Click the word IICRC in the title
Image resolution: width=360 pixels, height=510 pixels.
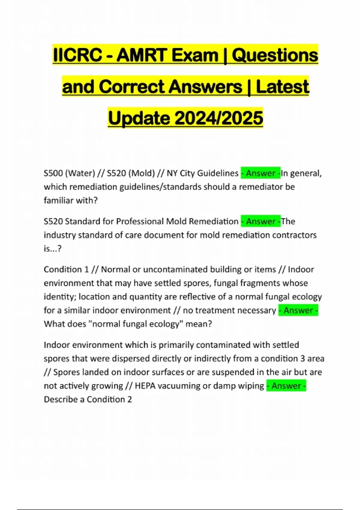click(x=77, y=55)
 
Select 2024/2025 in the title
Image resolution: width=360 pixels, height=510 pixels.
click(x=218, y=118)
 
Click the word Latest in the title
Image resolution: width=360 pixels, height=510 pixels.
click(x=282, y=87)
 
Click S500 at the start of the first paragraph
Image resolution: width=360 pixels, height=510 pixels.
click(x=53, y=173)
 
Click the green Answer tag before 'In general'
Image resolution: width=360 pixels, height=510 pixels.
click(x=261, y=173)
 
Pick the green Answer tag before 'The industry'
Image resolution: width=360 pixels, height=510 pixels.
click(x=261, y=221)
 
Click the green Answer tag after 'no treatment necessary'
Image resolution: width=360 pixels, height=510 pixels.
click(x=298, y=310)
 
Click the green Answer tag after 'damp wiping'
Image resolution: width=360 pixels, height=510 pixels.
click(x=286, y=386)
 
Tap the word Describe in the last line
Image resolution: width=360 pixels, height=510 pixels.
click(x=60, y=400)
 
